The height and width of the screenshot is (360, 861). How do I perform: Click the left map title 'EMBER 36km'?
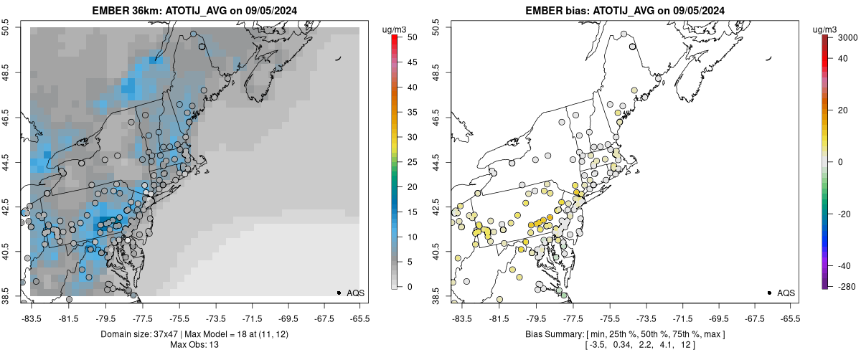(x=122, y=11)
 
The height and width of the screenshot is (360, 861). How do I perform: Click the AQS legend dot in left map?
(x=339, y=293)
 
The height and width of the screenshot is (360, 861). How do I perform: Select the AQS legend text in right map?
(x=786, y=293)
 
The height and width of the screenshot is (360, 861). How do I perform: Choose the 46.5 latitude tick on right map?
(x=436, y=114)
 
